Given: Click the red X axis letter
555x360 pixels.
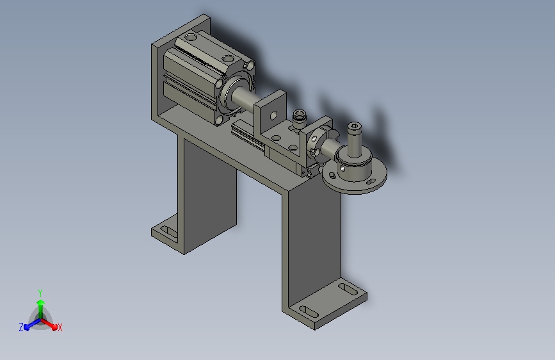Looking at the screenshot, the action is point(60,327).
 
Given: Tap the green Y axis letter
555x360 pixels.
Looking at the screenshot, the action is point(40,293).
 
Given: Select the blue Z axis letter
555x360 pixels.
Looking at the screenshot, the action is point(21,327).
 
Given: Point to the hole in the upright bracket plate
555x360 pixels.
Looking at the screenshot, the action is point(273,115).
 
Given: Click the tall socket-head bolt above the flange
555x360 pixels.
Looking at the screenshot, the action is point(354,140).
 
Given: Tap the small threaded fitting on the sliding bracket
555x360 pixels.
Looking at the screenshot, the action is point(300,119).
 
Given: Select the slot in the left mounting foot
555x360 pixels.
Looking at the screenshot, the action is point(169,232).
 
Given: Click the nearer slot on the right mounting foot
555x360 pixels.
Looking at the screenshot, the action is point(309,311).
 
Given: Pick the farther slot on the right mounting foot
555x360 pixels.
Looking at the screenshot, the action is point(348,288).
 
